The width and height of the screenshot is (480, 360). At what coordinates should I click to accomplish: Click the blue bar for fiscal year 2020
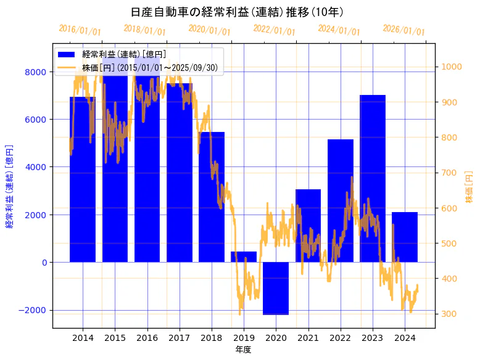276,288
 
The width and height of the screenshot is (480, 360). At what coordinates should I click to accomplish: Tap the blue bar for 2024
405,237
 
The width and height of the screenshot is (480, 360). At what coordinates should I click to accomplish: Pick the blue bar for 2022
341,201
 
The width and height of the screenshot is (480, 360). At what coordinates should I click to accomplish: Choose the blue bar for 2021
308,226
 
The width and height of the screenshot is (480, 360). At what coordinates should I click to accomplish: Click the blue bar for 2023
373,179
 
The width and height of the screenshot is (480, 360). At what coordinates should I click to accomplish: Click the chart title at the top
238,12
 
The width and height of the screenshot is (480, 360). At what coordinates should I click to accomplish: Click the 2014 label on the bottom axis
83,338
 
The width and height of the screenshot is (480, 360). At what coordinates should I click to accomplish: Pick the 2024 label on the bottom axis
405,338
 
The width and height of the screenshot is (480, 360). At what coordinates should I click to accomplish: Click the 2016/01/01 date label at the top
80,30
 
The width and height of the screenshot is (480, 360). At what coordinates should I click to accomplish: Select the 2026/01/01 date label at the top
403,30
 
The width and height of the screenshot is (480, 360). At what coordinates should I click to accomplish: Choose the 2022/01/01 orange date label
274,30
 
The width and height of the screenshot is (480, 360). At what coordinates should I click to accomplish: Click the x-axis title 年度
243,350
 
